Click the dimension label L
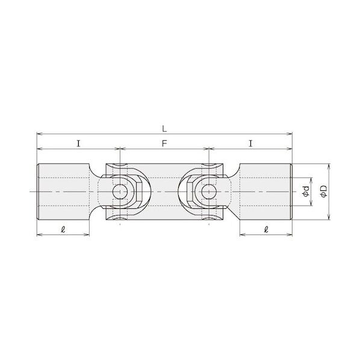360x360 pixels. tap(164, 129)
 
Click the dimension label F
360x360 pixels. tap(164, 144)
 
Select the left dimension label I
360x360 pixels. tap(78, 144)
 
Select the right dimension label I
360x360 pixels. tap(250, 144)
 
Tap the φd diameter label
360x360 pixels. tap(306, 191)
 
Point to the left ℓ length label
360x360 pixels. tap(63, 229)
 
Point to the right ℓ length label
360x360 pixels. tap(266, 229)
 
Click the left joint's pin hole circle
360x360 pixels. tap(120, 191)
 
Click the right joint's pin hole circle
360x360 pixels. tap(209, 191)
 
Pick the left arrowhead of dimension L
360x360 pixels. tap(40, 134)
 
